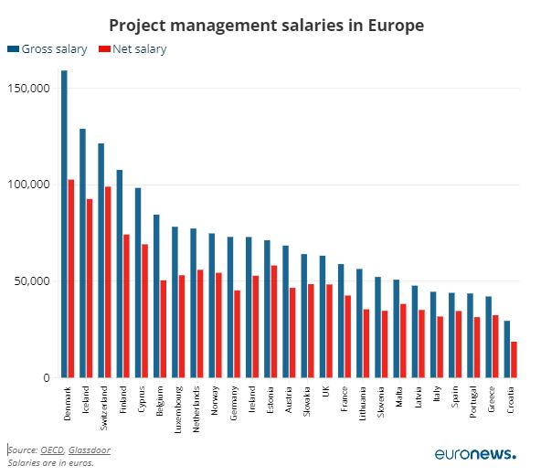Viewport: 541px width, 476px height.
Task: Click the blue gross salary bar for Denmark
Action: point(64,224)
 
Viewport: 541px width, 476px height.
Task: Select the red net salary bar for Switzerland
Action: point(108,282)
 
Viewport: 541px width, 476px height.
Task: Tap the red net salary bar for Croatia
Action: point(514,359)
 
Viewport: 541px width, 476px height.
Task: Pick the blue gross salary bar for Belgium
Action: point(156,296)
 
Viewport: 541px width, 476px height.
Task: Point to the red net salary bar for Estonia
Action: point(274,322)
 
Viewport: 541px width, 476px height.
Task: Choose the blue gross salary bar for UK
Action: point(323,317)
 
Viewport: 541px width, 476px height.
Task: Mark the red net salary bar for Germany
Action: point(237,333)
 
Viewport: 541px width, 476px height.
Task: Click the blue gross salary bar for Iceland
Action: point(82,253)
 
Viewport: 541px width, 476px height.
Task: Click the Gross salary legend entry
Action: point(48,49)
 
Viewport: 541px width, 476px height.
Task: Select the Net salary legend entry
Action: point(133,49)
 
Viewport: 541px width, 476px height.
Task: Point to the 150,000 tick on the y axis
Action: point(29,88)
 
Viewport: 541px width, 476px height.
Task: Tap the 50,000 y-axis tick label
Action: point(32,281)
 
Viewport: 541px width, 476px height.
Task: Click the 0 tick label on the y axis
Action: point(47,377)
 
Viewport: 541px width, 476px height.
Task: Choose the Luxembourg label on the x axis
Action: point(178,409)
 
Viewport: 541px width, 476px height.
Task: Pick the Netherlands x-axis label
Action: point(196,409)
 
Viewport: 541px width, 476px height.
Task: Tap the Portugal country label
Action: point(473,402)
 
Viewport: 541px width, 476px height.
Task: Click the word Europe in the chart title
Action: point(396,26)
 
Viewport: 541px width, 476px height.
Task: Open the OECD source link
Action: point(52,450)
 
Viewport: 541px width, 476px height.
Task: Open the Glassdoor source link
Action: point(90,450)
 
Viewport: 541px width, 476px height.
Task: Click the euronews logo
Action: point(475,453)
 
